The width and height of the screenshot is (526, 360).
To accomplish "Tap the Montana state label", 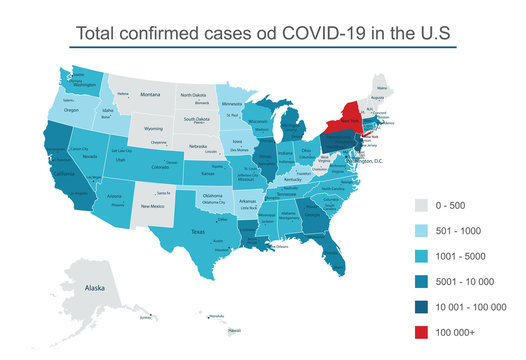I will pyautogui.click(x=149, y=94).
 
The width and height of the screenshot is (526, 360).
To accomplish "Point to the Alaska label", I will pyautogui.click(x=95, y=287).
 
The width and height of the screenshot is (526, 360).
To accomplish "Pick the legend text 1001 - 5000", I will pyautogui.click(x=473, y=256).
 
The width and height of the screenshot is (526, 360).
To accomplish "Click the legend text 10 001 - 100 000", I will pyautogui.click(x=479, y=308).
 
